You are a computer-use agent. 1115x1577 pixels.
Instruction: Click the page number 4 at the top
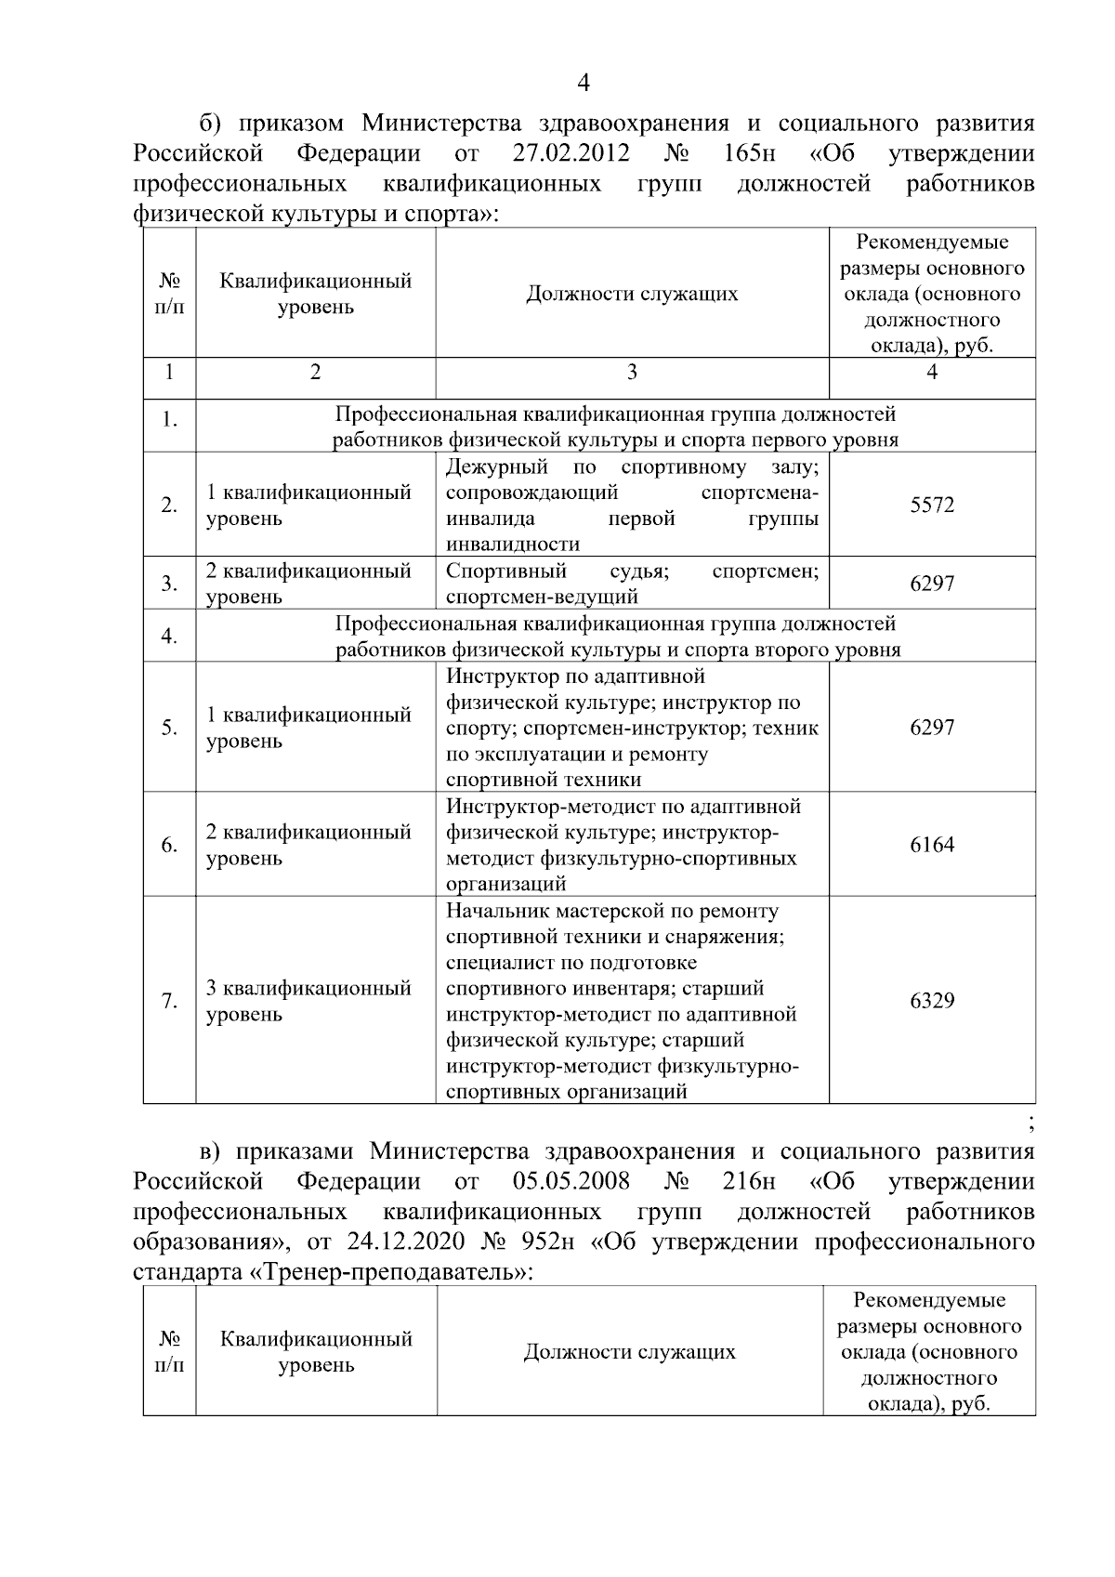tap(584, 84)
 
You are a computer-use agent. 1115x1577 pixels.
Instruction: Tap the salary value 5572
tap(932, 506)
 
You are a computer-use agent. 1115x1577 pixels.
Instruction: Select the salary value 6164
tap(932, 845)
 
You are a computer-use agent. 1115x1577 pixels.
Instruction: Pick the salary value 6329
tap(932, 1001)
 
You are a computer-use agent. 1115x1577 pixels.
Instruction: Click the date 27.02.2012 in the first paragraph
tap(571, 153)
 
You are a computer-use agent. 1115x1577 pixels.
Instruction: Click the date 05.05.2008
tap(571, 1182)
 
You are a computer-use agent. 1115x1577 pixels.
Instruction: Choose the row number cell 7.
tap(169, 1001)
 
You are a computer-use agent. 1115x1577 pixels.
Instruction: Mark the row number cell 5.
tap(169, 728)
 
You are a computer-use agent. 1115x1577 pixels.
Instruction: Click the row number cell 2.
tap(169, 506)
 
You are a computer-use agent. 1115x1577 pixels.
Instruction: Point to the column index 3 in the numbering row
tap(632, 373)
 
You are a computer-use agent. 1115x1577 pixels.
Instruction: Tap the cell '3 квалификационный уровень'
tap(308, 1001)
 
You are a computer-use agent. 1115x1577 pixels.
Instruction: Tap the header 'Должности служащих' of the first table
tap(632, 295)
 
